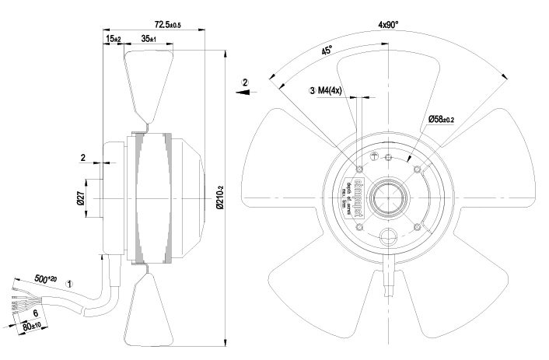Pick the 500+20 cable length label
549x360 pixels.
(46, 278)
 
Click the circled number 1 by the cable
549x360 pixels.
(70, 285)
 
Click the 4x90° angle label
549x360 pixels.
(388, 25)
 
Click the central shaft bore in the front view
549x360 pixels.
(388, 198)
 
